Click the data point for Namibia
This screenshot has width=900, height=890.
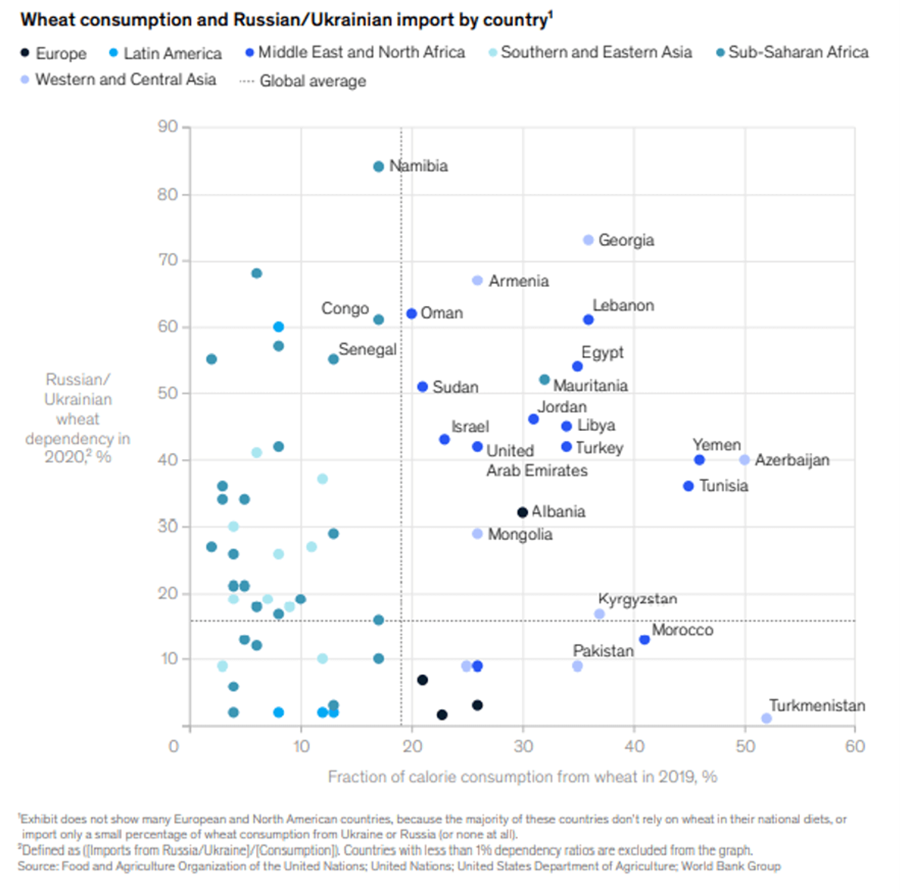coord(378,166)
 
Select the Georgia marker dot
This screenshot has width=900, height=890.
coord(588,240)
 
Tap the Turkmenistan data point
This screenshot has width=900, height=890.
coord(767,718)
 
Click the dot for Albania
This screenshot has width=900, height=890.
coord(522,512)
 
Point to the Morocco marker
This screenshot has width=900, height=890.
coord(645,640)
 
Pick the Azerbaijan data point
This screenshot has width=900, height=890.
coord(745,460)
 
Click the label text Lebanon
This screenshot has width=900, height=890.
coord(623,305)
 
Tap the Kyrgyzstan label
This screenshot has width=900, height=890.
coord(637,599)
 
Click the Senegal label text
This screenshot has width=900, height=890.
coord(367,349)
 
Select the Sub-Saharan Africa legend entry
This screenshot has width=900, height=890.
coord(797,53)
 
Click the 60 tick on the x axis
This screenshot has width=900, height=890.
coord(855,745)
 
